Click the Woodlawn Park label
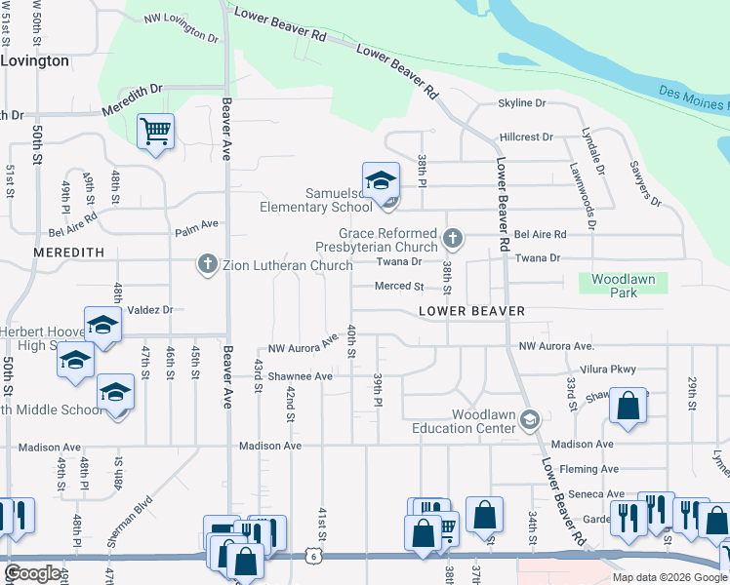click(624, 284)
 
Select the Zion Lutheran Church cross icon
click(206, 264)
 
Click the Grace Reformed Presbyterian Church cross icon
click(451, 237)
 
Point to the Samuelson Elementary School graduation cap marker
click(381, 180)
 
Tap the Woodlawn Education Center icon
click(529, 420)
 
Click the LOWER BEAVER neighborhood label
click(471, 311)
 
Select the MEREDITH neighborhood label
click(68, 252)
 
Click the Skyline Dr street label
click(522, 102)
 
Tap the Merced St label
click(400, 287)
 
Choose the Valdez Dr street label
click(149, 309)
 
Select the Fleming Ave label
click(592, 468)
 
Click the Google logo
click(33, 573)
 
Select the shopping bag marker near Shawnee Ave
click(628, 407)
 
